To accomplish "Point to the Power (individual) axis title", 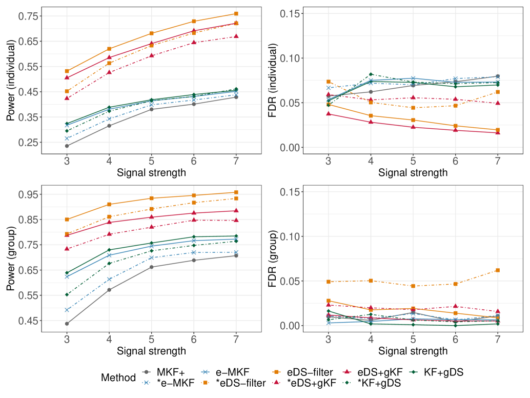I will (11, 82).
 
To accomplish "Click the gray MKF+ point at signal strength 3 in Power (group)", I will (67, 324).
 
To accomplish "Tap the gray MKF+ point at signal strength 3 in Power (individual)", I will (67, 146).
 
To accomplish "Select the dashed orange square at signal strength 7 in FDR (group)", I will (498, 270).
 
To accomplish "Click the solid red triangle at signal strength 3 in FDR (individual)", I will (329, 114).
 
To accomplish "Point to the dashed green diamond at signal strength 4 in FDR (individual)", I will (371, 74).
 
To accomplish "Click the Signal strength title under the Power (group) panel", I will (151, 351).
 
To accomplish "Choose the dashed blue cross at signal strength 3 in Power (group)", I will (67, 310).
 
